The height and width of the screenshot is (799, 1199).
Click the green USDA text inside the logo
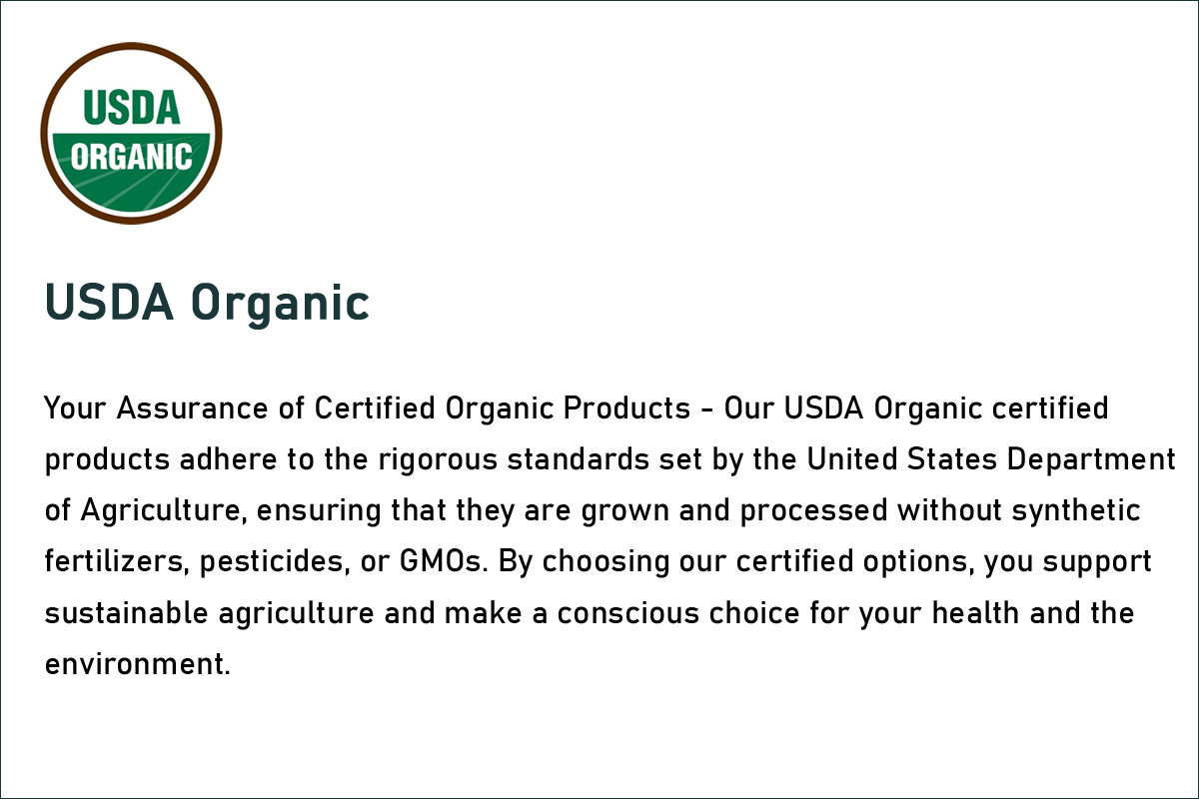click(x=132, y=108)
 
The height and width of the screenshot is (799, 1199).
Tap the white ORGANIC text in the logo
click(x=131, y=157)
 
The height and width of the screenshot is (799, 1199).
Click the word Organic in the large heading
click(x=280, y=304)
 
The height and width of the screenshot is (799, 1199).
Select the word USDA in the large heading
click(x=109, y=302)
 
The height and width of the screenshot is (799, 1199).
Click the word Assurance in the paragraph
click(x=193, y=408)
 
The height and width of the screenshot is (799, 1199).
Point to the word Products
click(x=626, y=408)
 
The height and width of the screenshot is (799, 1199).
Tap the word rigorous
click(x=438, y=460)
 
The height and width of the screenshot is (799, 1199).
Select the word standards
click(x=579, y=459)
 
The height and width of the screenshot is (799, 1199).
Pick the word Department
click(x=1091, y=460)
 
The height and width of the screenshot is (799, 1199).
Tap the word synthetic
click(x=1076, y=511)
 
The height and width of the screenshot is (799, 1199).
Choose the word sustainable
click(x=126, y=613)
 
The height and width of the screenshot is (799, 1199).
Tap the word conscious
click(x=628, y=613)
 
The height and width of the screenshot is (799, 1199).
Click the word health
click(x=975, y=613)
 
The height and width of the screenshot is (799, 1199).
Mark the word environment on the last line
click(x=137, y=664)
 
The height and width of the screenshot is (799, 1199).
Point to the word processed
click(x=813, y=511)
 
